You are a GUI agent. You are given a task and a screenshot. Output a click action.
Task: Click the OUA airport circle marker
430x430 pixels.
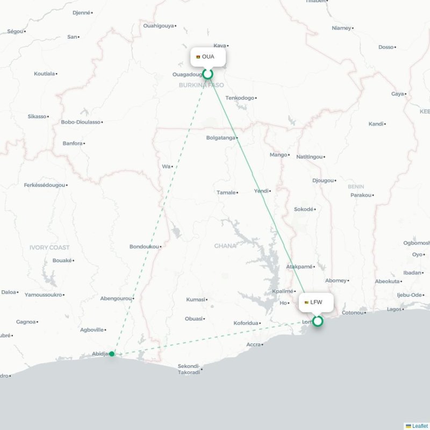point(207,74)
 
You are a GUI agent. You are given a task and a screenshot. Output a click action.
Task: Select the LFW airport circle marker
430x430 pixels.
point(318,321)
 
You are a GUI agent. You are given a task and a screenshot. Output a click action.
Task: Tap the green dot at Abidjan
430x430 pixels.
point(112,354)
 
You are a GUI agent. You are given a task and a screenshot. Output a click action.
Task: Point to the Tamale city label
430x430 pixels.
point(226,192)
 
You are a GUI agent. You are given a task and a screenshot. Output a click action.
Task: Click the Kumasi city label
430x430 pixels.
point(195,299)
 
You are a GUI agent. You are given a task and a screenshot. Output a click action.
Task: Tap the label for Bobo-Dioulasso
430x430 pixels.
point(81,122)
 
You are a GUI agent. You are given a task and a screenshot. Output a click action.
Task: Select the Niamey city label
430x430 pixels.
point(341,28)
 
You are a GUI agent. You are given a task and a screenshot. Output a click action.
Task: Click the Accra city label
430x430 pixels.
point(253,345)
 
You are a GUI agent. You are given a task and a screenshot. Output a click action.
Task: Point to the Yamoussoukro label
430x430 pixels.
point(44,295)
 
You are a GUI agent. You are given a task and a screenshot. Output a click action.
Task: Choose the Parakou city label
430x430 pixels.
point(361,195)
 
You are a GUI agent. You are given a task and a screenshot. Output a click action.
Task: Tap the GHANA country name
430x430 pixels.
point(225,246)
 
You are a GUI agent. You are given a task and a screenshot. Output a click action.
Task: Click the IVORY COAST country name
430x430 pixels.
point(49,247)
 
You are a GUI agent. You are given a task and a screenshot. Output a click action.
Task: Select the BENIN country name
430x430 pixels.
point(356,187)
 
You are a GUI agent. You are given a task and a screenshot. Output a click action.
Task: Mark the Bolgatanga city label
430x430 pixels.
point(221,138)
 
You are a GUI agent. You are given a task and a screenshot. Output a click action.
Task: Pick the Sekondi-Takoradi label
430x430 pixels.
point(189,369)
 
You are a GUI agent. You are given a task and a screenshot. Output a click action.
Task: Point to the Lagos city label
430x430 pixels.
point(394,309)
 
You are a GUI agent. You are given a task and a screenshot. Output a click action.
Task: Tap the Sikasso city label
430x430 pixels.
point(37,116)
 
